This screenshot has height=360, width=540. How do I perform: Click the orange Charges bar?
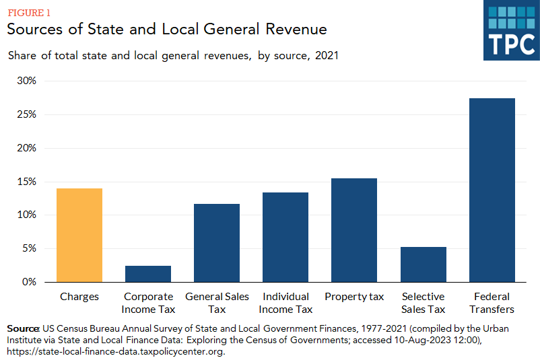(x=79, y=235)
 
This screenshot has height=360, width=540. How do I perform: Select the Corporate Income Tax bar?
(x=148, y=274)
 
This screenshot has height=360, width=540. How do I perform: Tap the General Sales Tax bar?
(x=217, y=243)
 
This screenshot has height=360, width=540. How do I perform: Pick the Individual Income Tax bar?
(x=285, y=237)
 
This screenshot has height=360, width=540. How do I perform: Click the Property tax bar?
(x=354, y=230)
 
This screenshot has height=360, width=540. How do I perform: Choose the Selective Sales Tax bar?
(x=423, y=264)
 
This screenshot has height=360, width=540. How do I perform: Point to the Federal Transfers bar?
(x=492, y=190)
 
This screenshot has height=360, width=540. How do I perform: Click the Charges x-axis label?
(x=79, y=297)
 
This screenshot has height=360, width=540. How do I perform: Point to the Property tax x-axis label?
(x=354, y=297)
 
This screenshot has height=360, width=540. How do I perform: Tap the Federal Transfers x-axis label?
(x=492, y=303)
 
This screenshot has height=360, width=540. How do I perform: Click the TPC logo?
(x=510, y=31)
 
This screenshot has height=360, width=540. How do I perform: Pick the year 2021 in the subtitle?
(x=326, y=56)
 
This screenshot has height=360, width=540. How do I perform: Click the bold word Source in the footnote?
(x=23, y=328)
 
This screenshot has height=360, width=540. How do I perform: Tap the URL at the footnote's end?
(x=114, y=351)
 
